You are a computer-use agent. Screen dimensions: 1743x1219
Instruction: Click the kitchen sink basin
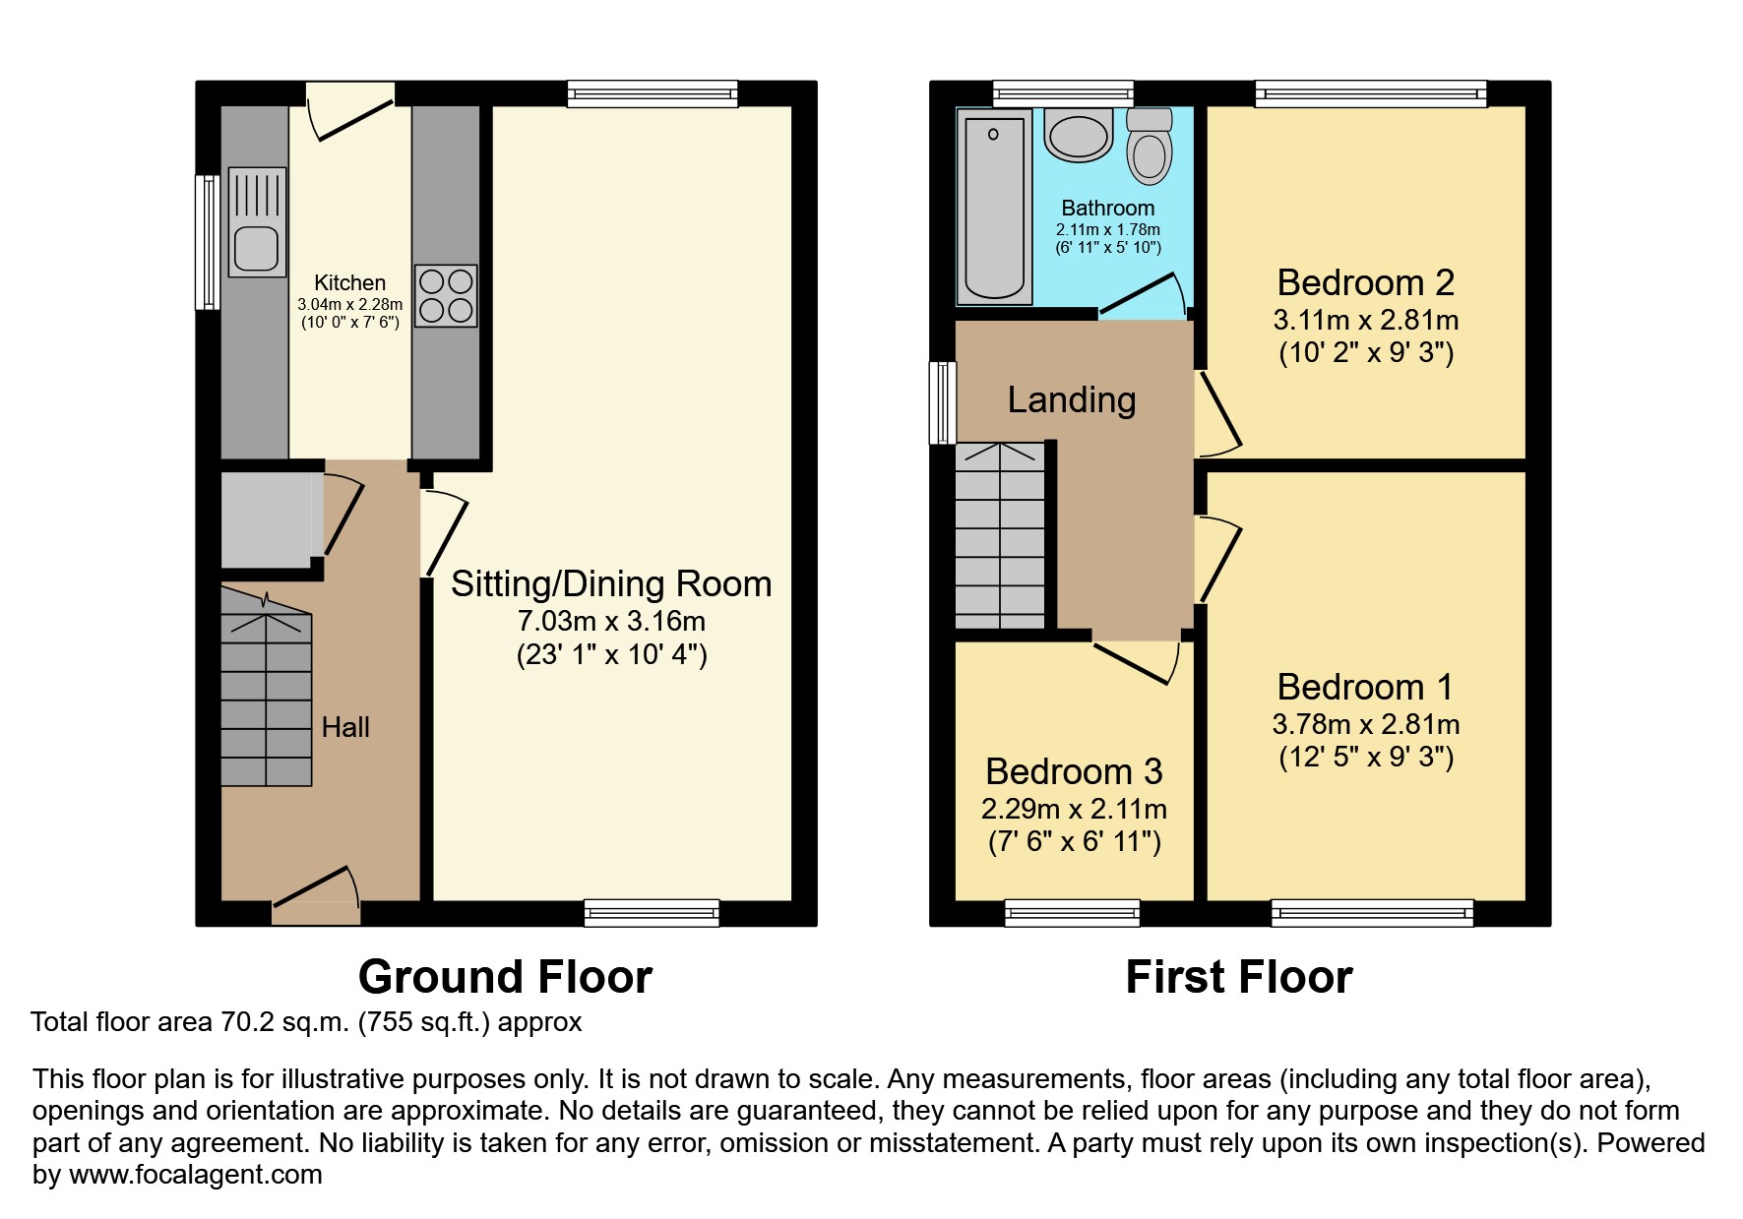(257, 248)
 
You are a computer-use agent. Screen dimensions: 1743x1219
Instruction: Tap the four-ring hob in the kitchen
(446, 295)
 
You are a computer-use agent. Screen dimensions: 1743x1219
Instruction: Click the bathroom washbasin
(1079, 135)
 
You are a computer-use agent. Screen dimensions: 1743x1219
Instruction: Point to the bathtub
(994, 205)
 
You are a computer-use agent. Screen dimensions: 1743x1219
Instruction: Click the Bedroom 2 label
(1365, 282)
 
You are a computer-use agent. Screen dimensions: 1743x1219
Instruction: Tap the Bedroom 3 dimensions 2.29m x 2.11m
(1074, 809)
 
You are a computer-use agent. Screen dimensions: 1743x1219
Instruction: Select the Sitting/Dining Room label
(611, 583)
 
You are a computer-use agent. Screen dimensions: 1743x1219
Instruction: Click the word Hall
(345, 727)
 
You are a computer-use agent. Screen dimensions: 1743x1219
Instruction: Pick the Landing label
(1072, 399)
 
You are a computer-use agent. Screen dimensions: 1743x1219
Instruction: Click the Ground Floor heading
(505, 976)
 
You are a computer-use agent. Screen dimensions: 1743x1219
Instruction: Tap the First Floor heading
(1239, 976)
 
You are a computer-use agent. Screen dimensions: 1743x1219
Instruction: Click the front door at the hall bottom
(316, 896)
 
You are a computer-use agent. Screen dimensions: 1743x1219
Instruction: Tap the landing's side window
(943, 402)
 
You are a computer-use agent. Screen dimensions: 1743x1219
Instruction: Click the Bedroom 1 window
(1373, 913)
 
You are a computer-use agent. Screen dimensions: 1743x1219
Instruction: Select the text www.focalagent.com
(196, 1175)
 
